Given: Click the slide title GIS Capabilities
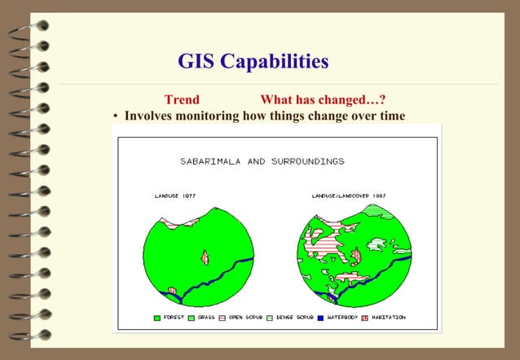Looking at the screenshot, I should coord(253,61).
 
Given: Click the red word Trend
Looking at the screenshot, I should coord(182,100).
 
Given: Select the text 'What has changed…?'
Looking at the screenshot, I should coord(323,100).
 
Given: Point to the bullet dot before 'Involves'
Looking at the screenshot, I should coord(116,116).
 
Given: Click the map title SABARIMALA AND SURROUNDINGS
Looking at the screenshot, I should coord(262,161).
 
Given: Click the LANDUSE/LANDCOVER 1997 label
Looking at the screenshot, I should coord(349,196).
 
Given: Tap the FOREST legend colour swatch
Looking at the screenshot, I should coord(157,317).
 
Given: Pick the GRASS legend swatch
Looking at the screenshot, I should coord(192,317).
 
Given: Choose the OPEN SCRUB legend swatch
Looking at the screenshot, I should coord(223,317).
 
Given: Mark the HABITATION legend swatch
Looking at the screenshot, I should coord(364,317).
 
